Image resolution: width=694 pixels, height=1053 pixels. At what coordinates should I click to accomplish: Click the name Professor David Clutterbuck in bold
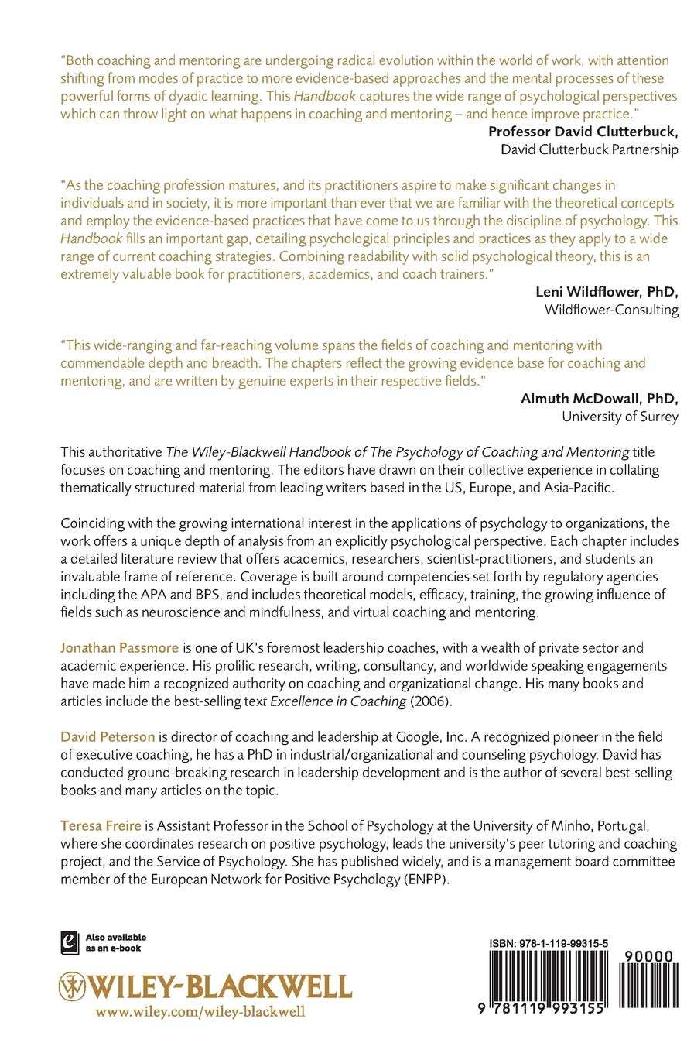pos(583,132)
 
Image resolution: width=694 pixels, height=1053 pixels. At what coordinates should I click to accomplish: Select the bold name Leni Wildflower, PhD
pos(607,292)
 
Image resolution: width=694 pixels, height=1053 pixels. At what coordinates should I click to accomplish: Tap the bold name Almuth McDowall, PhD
pos(600,399)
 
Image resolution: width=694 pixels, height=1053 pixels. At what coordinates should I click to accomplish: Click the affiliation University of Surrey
pos(620,417)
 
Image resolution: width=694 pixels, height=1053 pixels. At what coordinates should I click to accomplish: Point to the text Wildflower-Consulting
pos(611,310)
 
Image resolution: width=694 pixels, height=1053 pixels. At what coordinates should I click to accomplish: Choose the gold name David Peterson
pos(108,736)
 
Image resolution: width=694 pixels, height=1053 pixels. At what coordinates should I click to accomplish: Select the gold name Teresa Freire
pos(101,825)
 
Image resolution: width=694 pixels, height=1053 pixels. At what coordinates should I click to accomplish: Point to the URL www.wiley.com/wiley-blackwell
pos(200,1011)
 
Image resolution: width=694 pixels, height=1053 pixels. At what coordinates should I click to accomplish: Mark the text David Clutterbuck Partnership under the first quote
pos(590,149)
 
